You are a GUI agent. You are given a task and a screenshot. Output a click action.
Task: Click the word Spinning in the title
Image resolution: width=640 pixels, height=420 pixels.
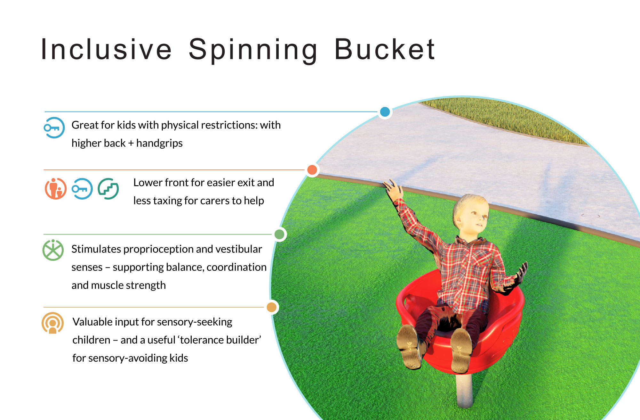[x=253, y=49]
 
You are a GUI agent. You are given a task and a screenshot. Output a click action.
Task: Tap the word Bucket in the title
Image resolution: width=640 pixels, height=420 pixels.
[x=385, y=49]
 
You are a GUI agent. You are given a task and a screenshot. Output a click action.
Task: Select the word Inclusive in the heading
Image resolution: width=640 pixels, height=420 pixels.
[x=107, y=49]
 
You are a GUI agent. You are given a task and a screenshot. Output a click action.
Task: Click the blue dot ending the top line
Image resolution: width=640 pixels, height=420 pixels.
[x=385, y=112]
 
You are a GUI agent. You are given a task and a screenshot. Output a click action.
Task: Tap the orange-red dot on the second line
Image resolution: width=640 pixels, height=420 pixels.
[x=312, y=170]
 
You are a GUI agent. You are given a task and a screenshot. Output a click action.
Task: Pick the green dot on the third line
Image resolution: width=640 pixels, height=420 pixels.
[x=279, y=234]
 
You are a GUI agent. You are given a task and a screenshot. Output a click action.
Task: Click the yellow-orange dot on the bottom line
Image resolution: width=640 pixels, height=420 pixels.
[x=272, y=307]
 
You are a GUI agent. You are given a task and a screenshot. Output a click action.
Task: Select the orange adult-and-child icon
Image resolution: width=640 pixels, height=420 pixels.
[x=56, y=189]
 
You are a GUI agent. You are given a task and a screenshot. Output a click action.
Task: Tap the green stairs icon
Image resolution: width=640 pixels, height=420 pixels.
[x=108, y=189]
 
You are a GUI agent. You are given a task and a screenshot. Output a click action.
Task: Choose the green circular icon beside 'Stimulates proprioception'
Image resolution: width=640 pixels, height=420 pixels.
[x=53, y=250]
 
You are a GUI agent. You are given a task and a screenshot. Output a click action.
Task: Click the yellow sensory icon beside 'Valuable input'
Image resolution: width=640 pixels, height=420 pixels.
[x=53, y=323]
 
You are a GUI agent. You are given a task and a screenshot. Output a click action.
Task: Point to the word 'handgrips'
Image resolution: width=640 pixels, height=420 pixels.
[x=159, y=143]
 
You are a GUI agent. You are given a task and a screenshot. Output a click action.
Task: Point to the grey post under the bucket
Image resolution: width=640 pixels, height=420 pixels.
[x=464, y=391]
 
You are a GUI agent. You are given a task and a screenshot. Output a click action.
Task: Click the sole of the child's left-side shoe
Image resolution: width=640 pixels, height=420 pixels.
[x=408, y=346]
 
